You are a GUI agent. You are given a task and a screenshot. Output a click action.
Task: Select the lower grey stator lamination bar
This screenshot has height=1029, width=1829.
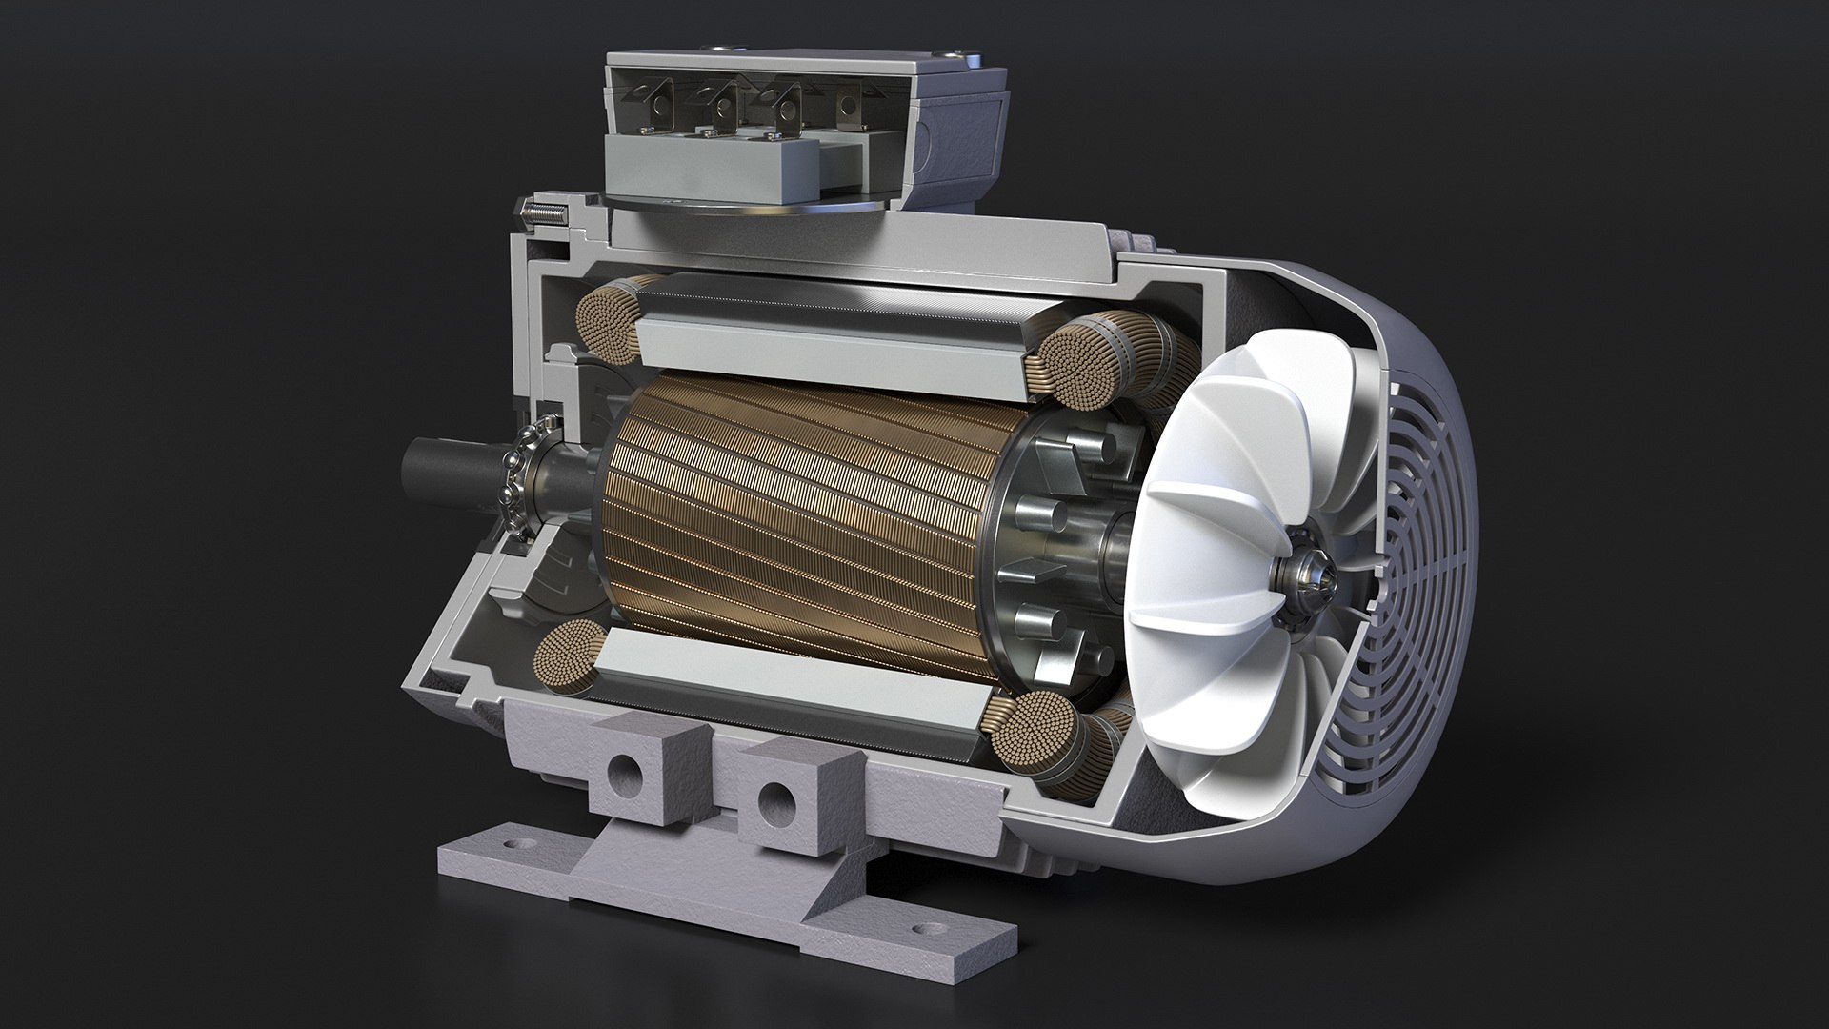(791, 682)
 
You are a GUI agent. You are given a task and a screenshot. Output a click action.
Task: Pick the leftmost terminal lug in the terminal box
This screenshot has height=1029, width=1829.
(656, 102)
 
